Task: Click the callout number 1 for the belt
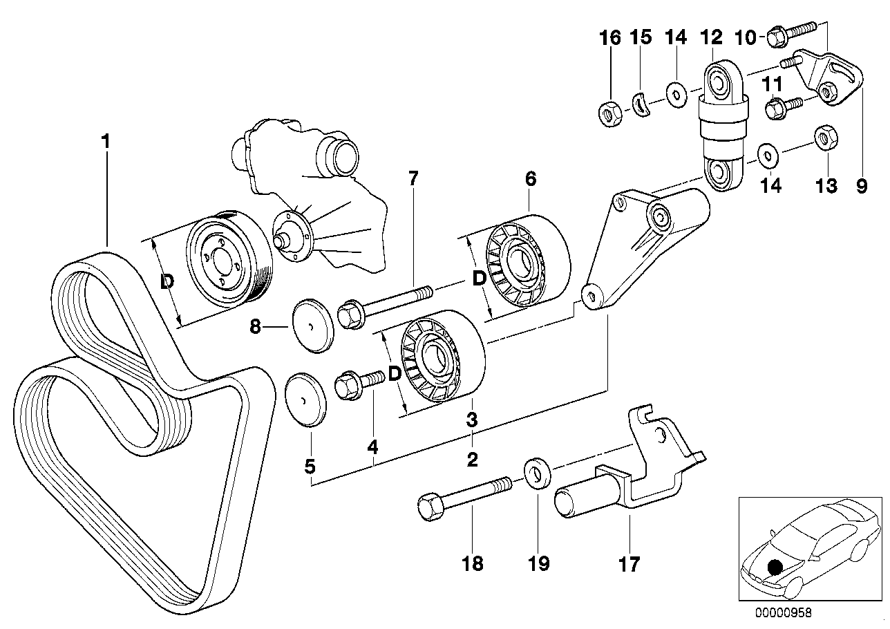(105, 142)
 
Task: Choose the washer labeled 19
(537, 472)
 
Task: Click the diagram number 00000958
(783, 612)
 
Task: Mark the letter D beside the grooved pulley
(167, 282)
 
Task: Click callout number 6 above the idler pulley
(530, 178)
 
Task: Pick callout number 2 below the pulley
(472, 460)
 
